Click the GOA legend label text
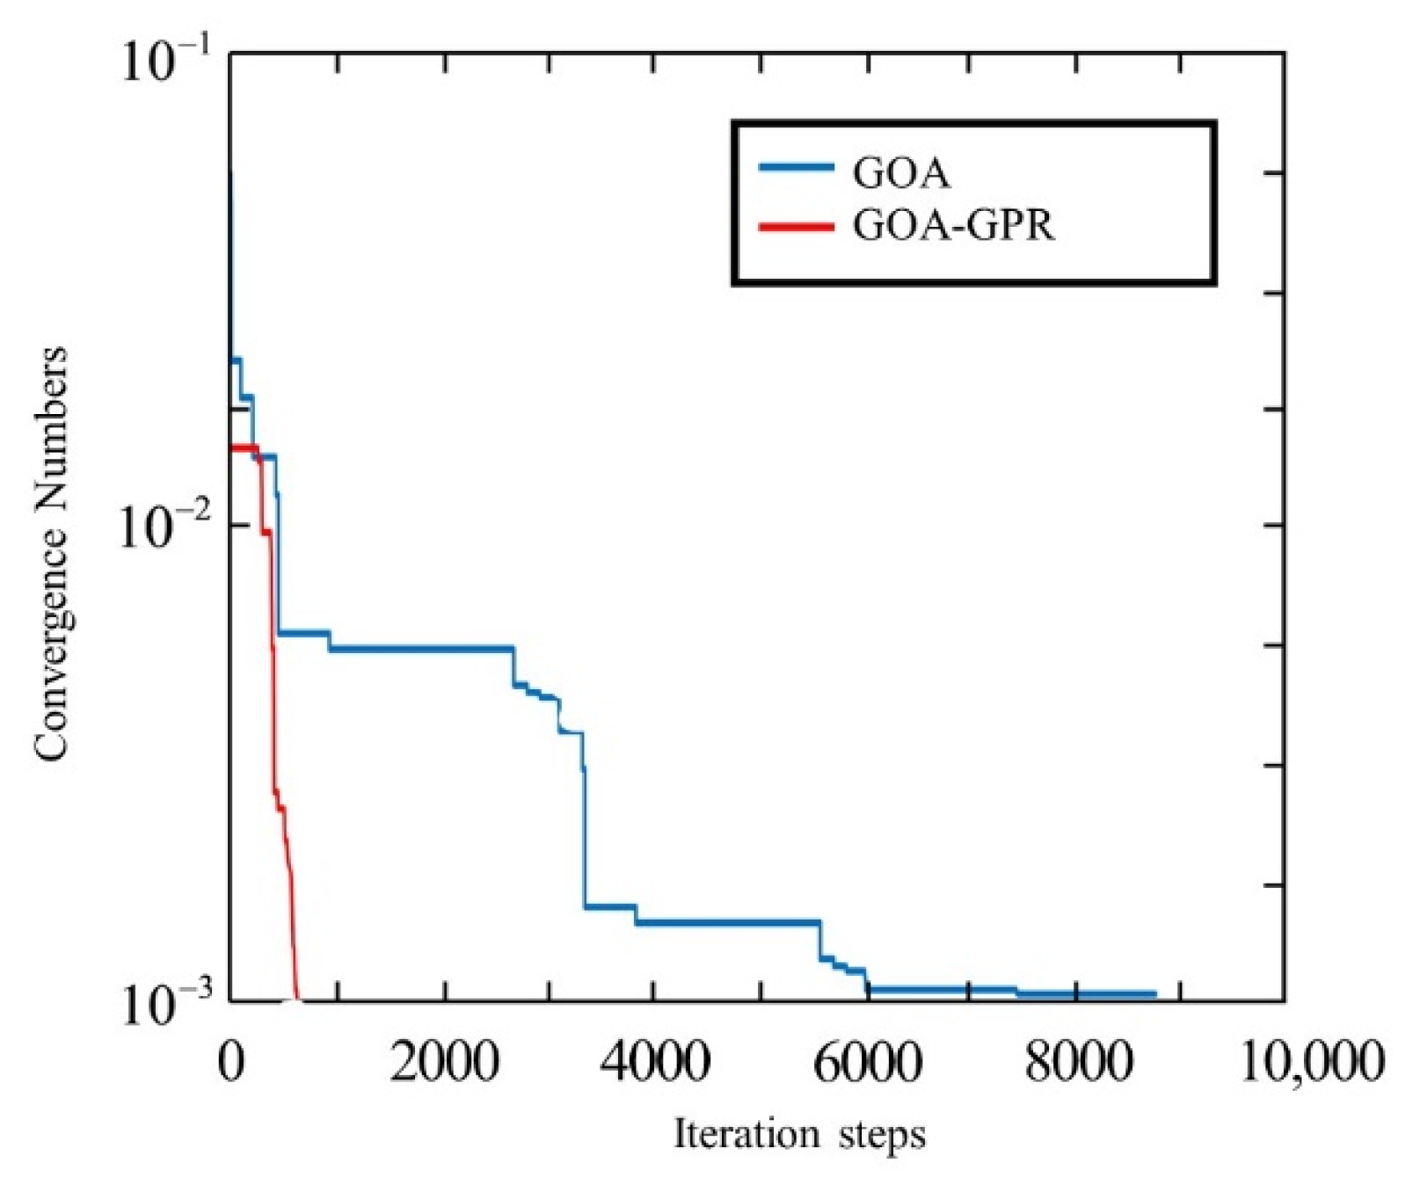[901, 172]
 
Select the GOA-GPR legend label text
[953, 227]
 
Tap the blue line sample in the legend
[795, 167]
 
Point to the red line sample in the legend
[795, 227]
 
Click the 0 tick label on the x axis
[230, 1062]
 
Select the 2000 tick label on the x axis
[445, 1062]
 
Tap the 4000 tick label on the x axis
[654, 1062]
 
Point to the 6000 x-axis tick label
[866, 1062]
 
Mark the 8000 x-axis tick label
[1076, 1062]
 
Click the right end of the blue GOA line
[1154, 994]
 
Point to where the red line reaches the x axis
[297, 999]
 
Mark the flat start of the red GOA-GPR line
[243, 448]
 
